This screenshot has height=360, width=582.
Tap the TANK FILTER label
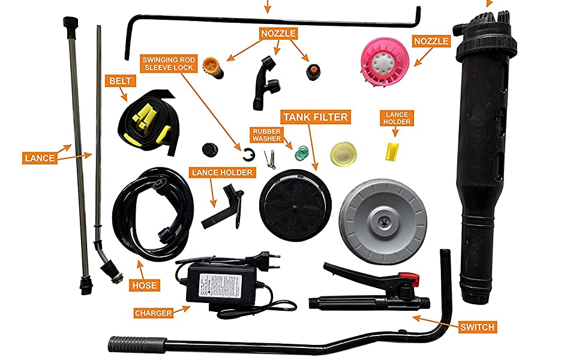coord(315,116)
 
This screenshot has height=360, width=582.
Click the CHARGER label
coord(154,313)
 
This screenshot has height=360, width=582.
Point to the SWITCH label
coord(477,327)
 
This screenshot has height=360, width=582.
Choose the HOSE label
coord(144,285)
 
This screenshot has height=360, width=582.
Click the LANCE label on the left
coord(40,158)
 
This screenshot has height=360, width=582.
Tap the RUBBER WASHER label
coord(267,134)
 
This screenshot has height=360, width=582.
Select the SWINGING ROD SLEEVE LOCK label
coord(167,64)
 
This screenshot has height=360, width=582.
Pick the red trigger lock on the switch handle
coord(408,277)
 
